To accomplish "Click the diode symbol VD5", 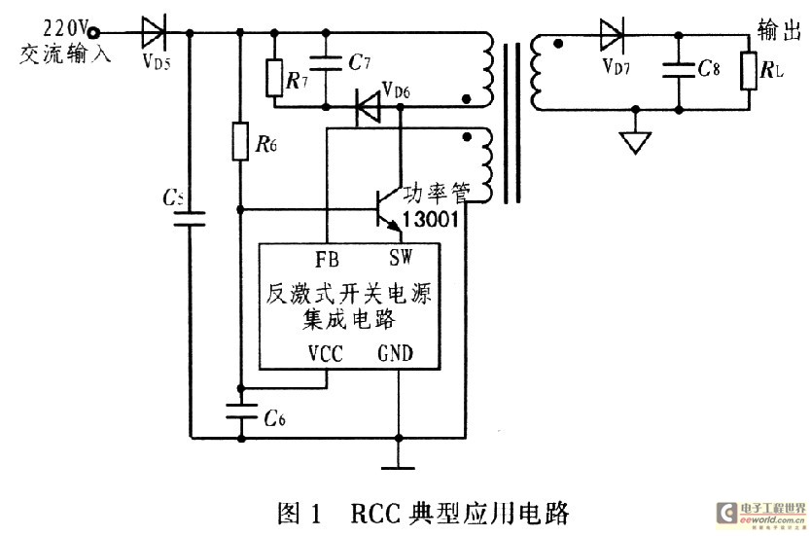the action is (x=154, y=32).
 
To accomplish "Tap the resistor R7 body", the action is (x=274, y=78).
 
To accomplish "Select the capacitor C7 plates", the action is (x=326, y=64).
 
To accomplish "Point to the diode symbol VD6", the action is (x=368, y=107).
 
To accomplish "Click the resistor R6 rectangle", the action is (x=240, y=141).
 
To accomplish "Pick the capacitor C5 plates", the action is (x=190, y=218).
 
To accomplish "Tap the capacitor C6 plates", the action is (x=241, y=411).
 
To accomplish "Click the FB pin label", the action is (x=327, y=259).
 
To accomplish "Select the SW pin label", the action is (x=401, y=257).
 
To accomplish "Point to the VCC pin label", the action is (x=326, y=354).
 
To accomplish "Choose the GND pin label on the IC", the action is (x=396, y=353).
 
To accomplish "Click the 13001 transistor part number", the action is (x=431, y=220).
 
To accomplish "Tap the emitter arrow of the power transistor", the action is (x=394, y=225).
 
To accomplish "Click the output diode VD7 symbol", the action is (x=613, y=34).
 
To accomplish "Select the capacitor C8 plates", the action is (x=679, y=70).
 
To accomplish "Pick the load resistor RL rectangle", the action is (x=749, y=71).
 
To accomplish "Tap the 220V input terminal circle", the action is (x=93, y=33).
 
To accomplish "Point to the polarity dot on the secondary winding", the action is (x=558, y=44).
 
